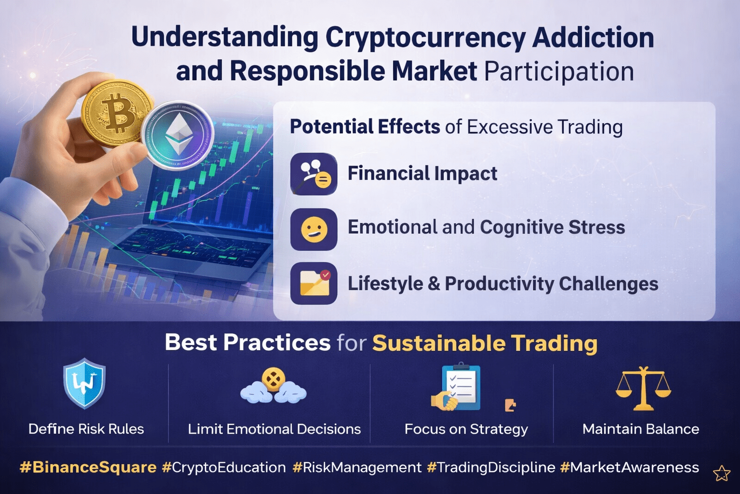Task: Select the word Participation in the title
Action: (x=559, y=71)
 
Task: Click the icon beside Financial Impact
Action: (x=314, y=174)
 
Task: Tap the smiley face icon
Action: (x=314, y=229)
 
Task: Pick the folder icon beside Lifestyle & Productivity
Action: (x=314, y=283)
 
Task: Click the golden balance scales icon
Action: (x=643, y=388)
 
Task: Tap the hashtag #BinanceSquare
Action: (x=88, y=467)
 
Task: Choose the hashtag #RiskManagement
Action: (x=357, y=467)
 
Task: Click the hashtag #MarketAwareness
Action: (x=630, y=467)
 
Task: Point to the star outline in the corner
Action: (x=722, y=473)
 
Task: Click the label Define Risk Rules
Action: (x=86, y=429)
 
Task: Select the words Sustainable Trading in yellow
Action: (x=485, y=343)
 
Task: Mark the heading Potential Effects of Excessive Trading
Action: (x=456, y=127)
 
